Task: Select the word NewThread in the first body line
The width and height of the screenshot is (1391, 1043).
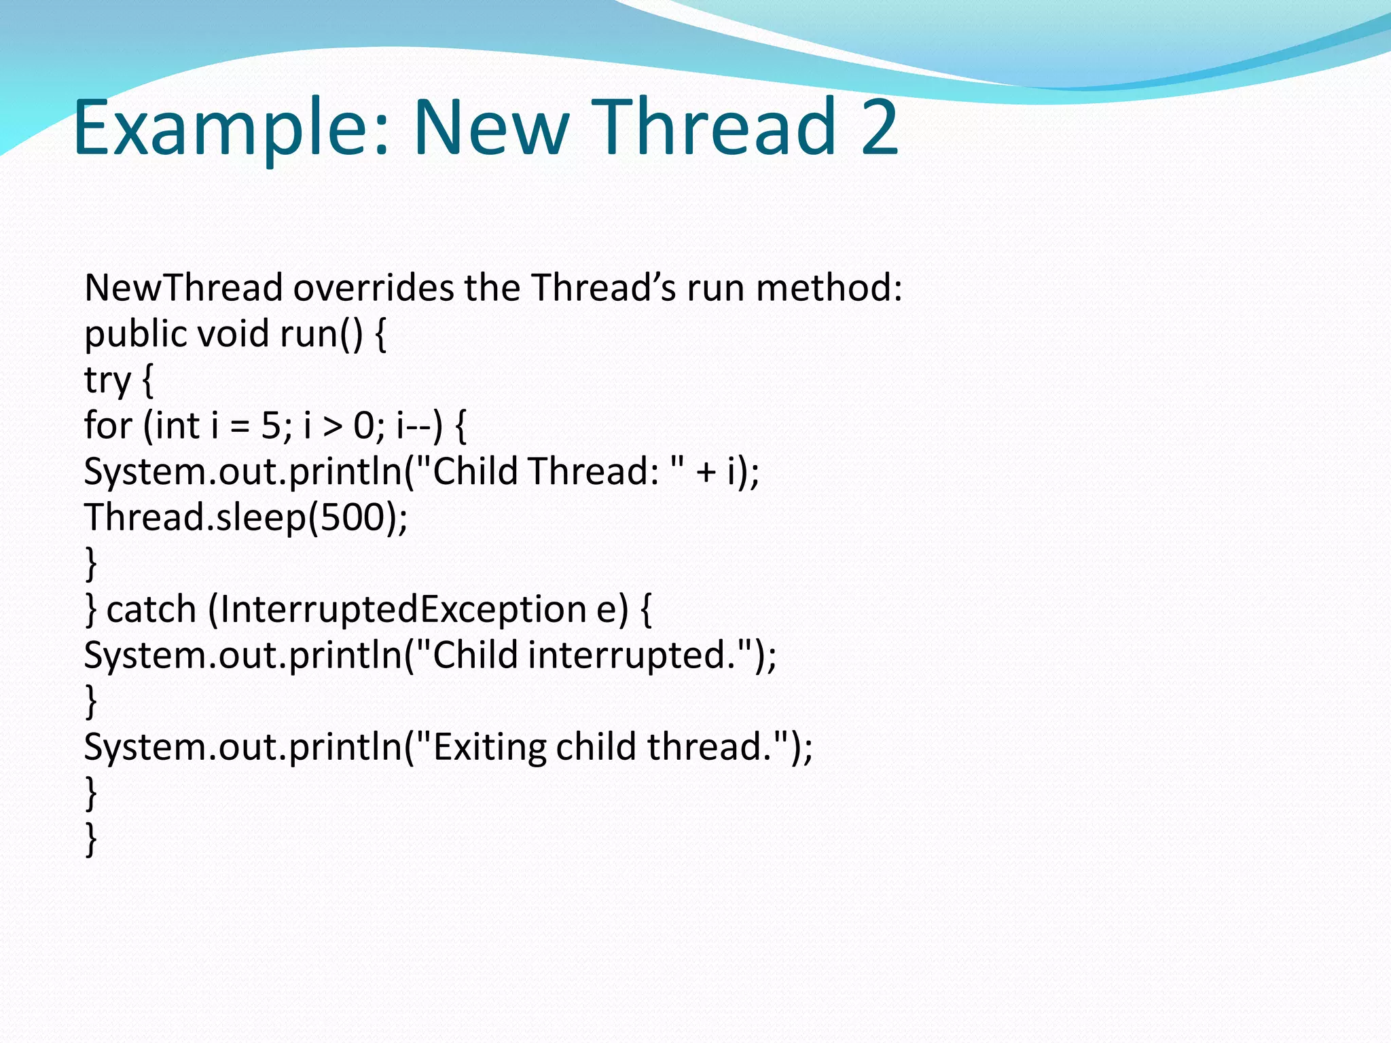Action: point(183,288)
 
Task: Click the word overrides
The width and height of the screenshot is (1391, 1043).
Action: point(374,288)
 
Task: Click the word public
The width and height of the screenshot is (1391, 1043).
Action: point(135,334)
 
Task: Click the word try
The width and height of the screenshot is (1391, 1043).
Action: point(107,380)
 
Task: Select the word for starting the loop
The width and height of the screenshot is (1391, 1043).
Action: point(107,426)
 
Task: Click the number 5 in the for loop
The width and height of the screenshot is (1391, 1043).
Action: point(270,426)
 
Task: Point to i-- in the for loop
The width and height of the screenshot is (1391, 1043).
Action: point(415,426)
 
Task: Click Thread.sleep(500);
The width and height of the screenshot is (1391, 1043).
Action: point(246,518)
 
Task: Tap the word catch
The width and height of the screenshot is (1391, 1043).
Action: point(151,609)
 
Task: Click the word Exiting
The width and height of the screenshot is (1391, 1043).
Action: point(489,747)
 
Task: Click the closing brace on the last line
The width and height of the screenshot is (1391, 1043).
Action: point(91,839)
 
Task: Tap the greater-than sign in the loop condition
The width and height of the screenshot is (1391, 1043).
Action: point(332,427)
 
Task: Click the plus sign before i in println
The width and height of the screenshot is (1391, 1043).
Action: point(706,472)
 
